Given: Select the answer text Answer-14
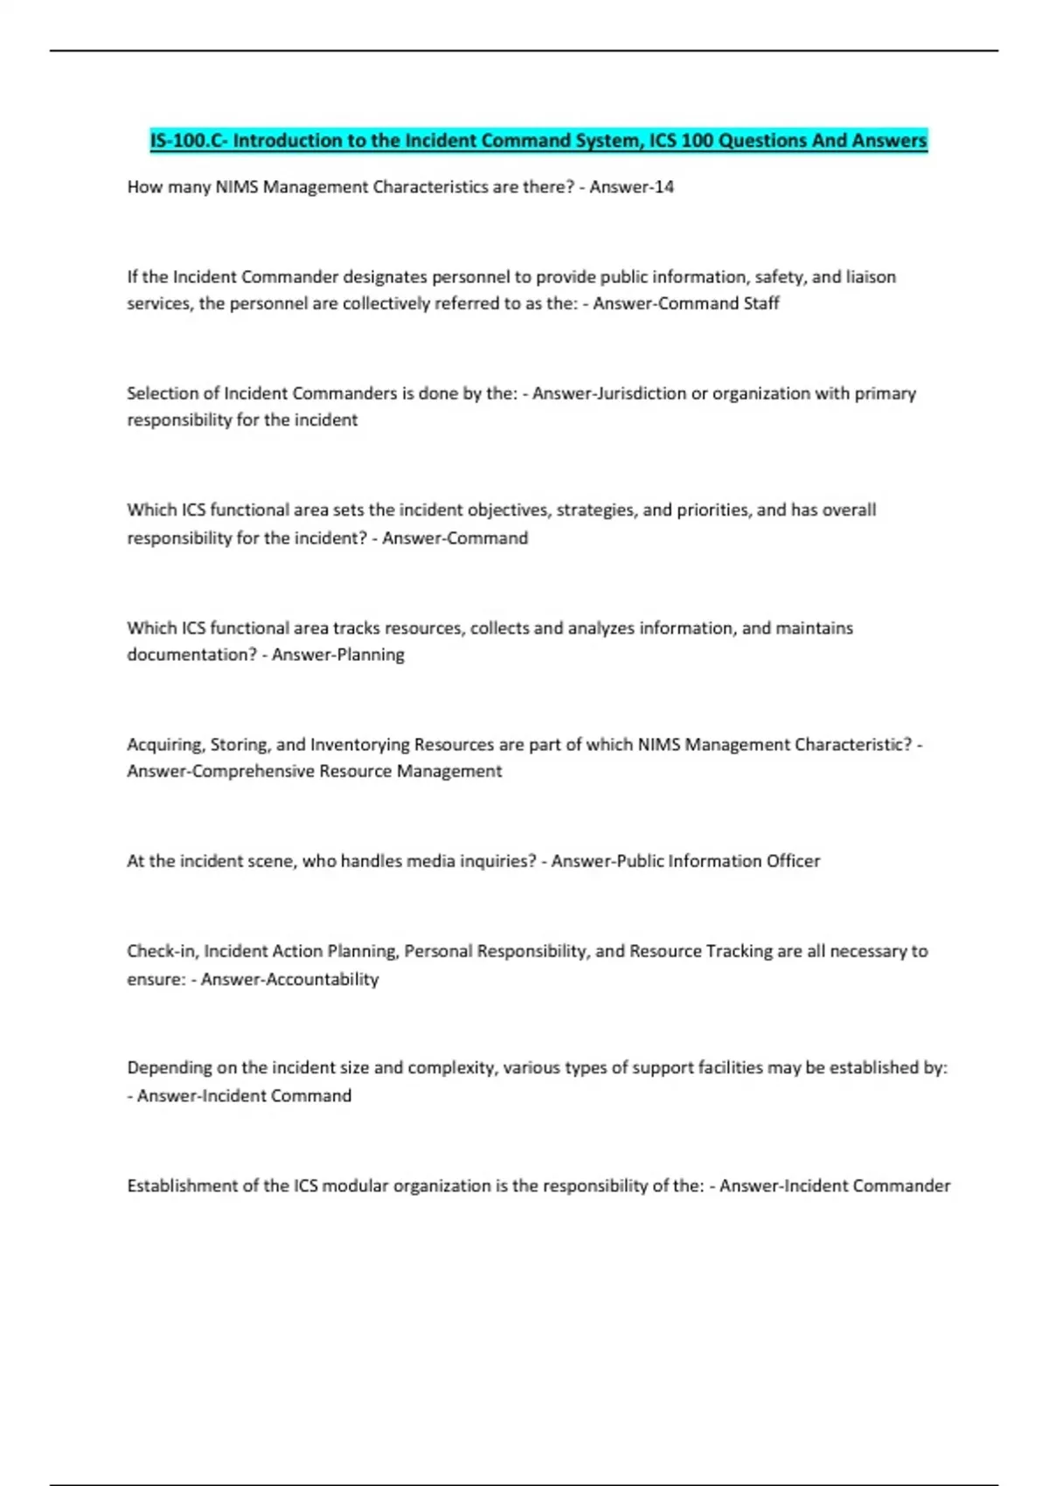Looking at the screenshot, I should (x=631, y=187).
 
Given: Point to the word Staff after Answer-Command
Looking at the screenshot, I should (x=761, y=303).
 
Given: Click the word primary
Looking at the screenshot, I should (x=885, y=393).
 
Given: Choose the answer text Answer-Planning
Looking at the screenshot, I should (x=338, y=655).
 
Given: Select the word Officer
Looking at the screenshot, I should (x=793, y=861).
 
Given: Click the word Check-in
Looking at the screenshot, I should (x=162, y=951).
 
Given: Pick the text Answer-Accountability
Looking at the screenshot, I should (x=289, y=979).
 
